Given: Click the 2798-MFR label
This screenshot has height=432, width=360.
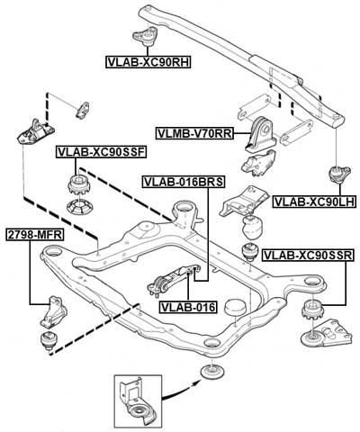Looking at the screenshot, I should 33,234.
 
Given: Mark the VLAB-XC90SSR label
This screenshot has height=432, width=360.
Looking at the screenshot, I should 306,256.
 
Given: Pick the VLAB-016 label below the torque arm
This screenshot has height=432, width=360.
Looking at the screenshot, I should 187,307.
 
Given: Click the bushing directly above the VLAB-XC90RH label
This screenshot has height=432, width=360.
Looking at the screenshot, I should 146,37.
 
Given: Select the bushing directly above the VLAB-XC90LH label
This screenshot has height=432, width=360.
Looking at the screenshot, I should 341,174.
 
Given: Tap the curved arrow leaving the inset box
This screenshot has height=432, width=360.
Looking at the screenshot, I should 179,388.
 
